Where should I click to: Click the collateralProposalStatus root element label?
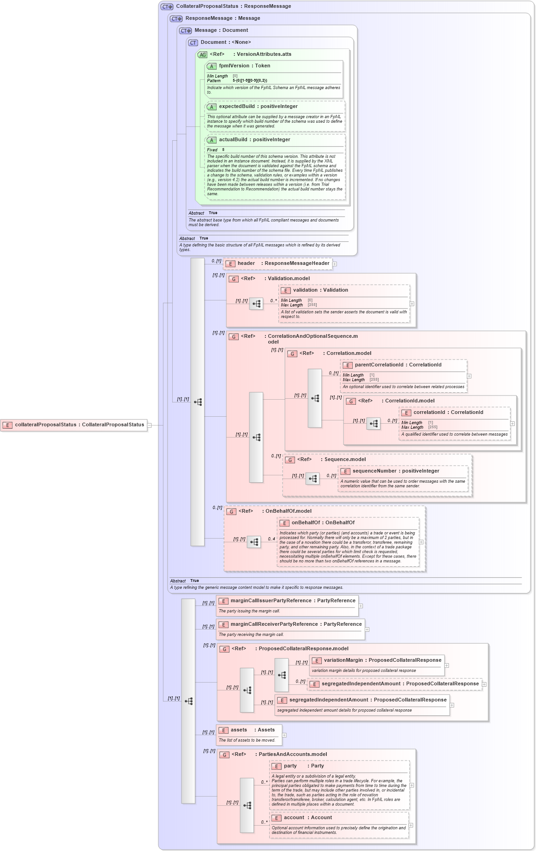[79, 425]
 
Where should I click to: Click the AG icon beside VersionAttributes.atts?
[202, 54]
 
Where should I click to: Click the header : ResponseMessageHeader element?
[283, 264]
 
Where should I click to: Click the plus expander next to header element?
[335, 264]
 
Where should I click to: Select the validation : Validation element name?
[320, 290]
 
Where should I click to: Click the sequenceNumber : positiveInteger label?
[396, 471]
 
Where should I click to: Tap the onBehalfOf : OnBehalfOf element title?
[323, 523]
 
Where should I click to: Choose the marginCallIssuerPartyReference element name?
[293, 601]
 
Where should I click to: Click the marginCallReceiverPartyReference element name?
[296, 624]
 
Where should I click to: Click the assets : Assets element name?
[253, 730]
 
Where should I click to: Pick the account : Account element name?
[307, 818]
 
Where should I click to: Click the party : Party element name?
[303, 766]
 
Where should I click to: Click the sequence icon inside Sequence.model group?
[313, 479]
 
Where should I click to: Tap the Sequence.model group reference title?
[344, 460]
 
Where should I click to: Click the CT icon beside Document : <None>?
[193, 42]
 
